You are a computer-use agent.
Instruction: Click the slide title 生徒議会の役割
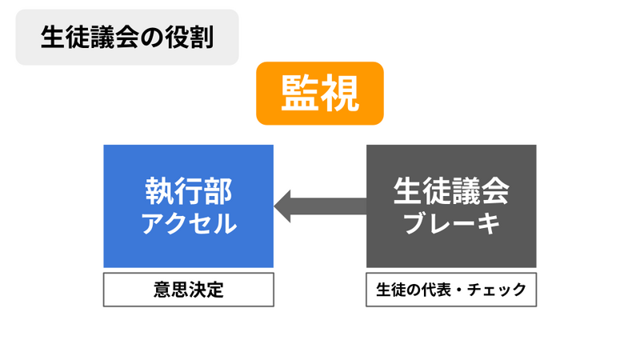127,37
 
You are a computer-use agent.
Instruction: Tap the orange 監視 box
319,93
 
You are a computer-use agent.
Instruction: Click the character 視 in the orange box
339,94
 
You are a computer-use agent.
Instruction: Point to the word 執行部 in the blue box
189,191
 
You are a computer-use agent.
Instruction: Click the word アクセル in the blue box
189,223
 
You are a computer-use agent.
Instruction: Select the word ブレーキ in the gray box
451,223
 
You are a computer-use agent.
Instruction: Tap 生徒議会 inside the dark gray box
451,191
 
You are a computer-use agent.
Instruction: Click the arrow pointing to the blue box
321,206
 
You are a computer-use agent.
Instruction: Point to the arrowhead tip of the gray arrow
274,206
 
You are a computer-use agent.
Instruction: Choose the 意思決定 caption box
189,290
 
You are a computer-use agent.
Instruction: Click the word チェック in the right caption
497,290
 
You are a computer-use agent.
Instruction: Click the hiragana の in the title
151,38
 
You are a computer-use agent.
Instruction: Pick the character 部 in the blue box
218,191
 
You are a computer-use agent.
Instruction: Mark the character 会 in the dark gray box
495,191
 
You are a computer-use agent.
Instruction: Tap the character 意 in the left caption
162,290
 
